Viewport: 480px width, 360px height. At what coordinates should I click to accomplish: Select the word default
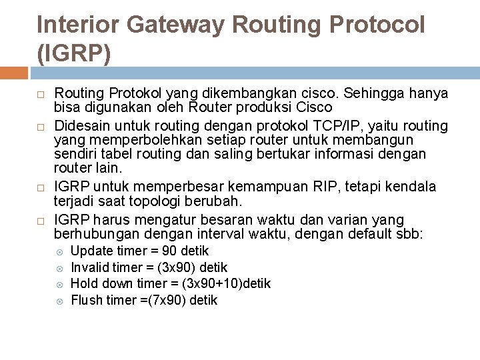click(377, 233)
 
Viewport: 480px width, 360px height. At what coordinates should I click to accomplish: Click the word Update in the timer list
click(91, 251)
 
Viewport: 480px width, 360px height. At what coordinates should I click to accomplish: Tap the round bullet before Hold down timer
click(59, 284)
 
